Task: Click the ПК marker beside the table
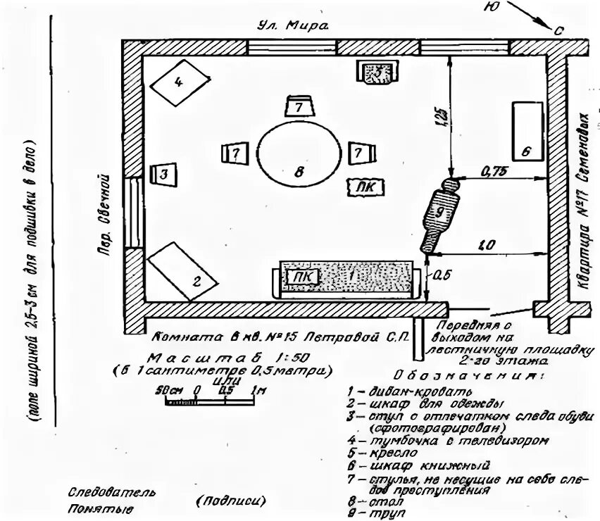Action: [x=366, y=187]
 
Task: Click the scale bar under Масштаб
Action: [x=209, y=402]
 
